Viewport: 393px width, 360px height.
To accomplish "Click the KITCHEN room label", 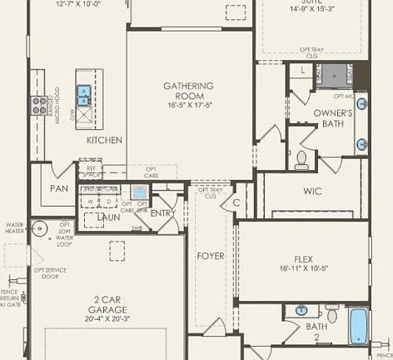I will [104, 140].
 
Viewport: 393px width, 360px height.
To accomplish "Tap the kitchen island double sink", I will [85, 97].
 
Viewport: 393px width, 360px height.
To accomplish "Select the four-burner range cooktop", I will [39, 104].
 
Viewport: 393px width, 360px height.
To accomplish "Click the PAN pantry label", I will [58, 188].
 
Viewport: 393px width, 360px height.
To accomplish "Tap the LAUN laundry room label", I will [108, 217].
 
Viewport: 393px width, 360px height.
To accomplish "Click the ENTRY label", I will [161, 214].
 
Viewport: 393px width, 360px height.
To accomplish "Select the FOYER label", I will [211, 256].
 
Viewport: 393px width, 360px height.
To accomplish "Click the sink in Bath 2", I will [301, 311].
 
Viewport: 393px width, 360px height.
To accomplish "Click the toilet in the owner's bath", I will [302, 157].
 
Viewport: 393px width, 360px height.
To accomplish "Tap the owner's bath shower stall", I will [333, 76].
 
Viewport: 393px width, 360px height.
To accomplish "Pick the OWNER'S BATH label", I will [333, 118].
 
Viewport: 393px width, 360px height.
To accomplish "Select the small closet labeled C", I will [236, 202].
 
